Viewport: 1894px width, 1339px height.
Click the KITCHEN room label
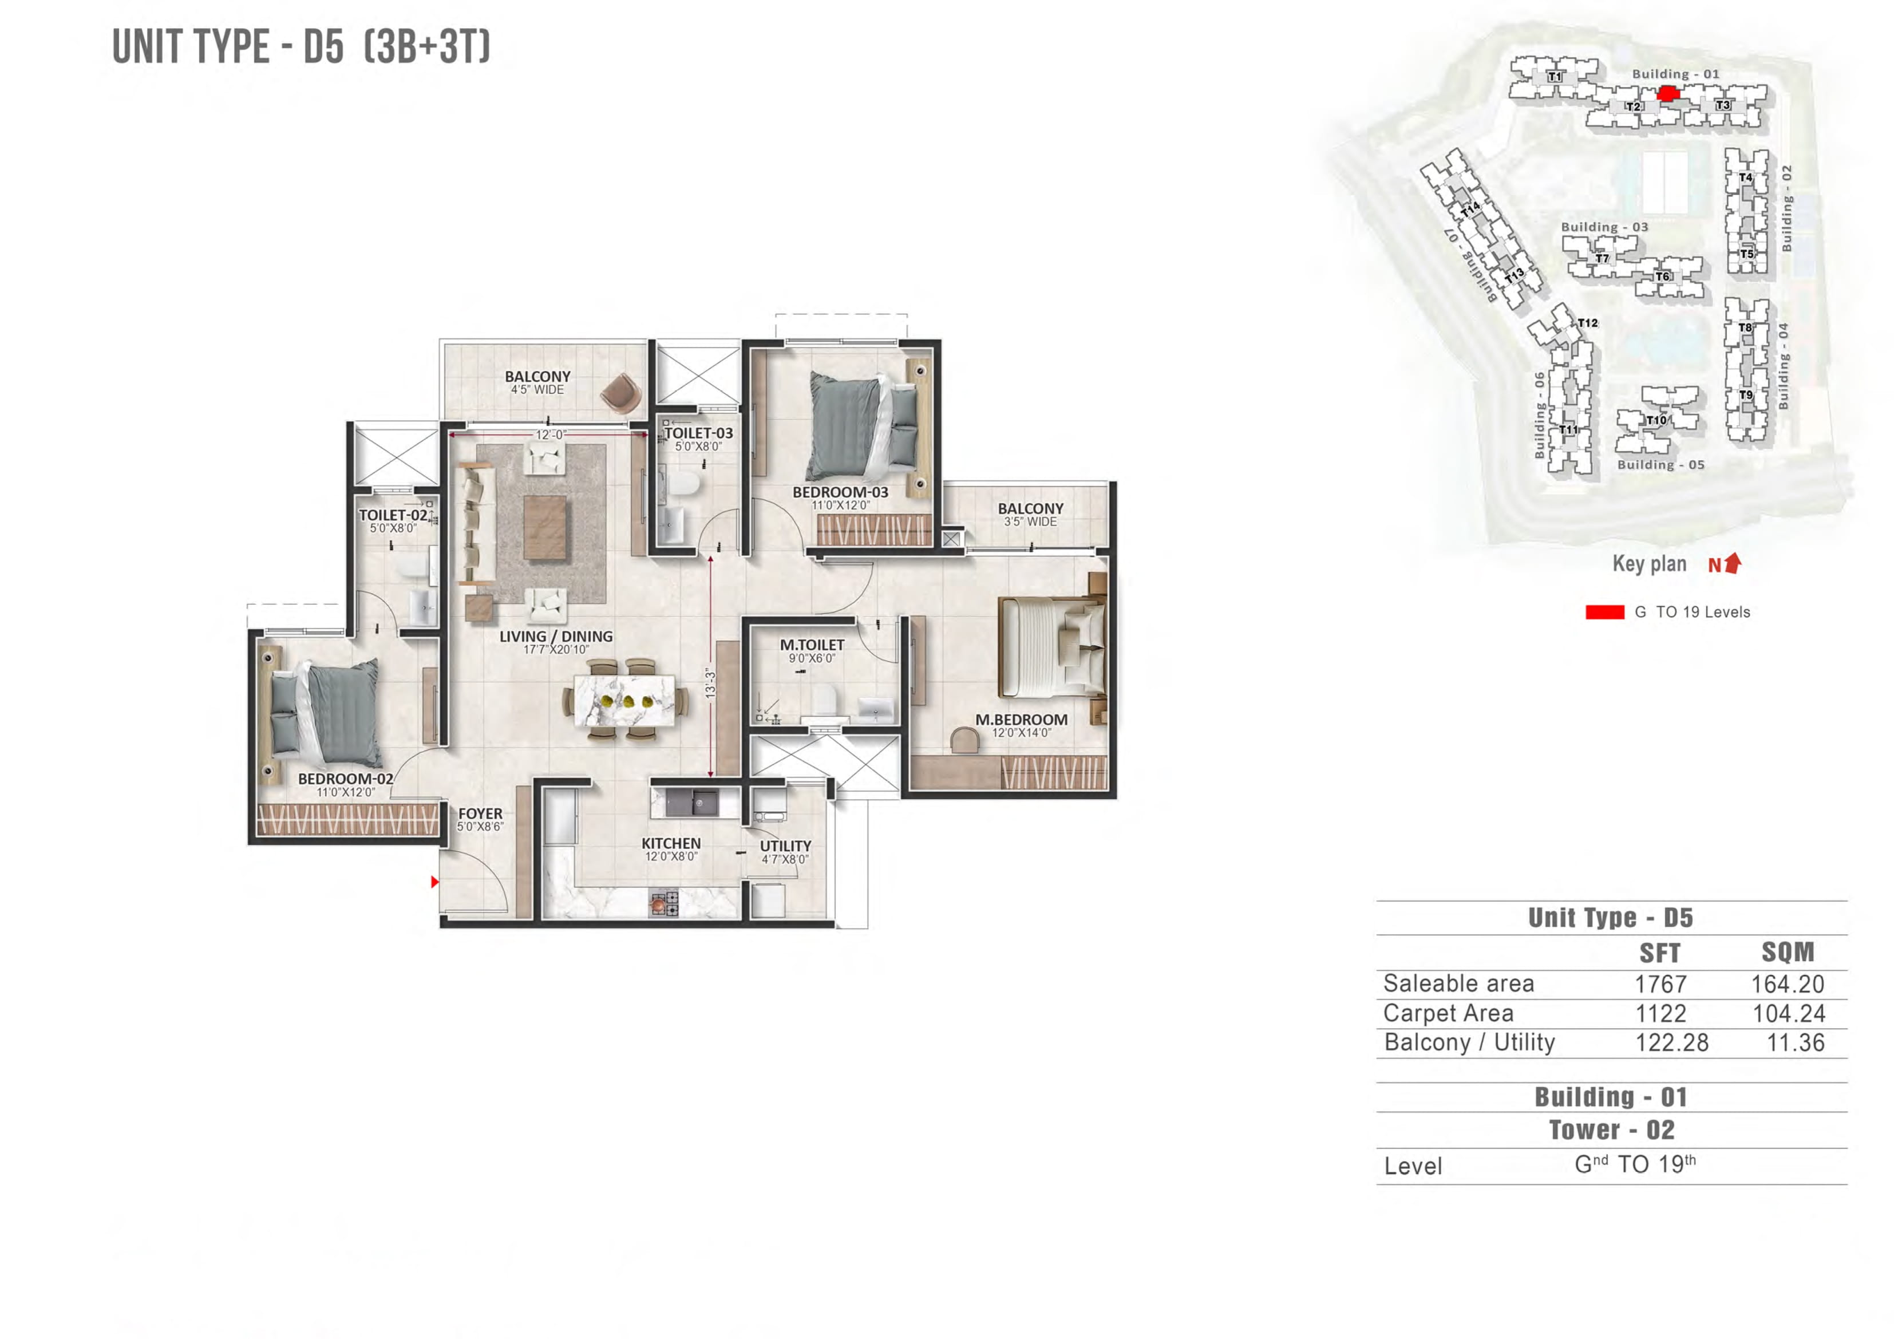pos(671,843)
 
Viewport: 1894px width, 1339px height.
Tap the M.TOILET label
pos(812,645)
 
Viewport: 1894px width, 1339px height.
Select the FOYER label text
pos(480,813)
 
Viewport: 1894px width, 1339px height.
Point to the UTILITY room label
pos(785,847)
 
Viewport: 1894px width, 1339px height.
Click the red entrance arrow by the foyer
pos(435,882)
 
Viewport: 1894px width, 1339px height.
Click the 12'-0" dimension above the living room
pos(550,435)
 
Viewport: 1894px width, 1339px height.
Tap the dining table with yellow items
pos(624,701)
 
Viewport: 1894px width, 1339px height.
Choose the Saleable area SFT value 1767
pos(1660,984)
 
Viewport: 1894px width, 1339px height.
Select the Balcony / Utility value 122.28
pos(1671,1043)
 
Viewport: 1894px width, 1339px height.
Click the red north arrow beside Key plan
pos(1733,563)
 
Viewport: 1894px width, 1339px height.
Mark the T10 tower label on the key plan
pos(1655,420)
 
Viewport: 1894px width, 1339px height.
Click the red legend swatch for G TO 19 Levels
pos(1604,612)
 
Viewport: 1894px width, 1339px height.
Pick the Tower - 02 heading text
pos(1611,1130)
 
